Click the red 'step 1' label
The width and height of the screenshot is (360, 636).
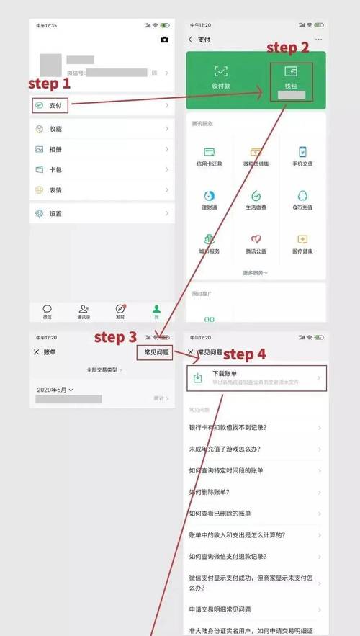tap(49, 84)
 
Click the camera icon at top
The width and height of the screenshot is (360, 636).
tap(165, 40)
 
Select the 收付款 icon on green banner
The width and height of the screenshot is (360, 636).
tap(221, 76)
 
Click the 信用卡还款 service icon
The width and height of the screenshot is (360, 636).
tap(210, 155)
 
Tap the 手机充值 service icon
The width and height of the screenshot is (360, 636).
tap(302, 155)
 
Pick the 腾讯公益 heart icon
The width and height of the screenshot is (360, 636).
tap(256, 243)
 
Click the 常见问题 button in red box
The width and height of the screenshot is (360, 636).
tap(156, 352)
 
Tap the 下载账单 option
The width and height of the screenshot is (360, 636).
tap(256, 378)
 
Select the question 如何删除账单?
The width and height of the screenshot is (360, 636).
tap(210, 492)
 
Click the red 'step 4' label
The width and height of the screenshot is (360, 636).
tap(244, 354)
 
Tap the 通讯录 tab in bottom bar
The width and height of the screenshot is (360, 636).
tap(84, 311)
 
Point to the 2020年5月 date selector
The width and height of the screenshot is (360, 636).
tap(55, 390)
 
